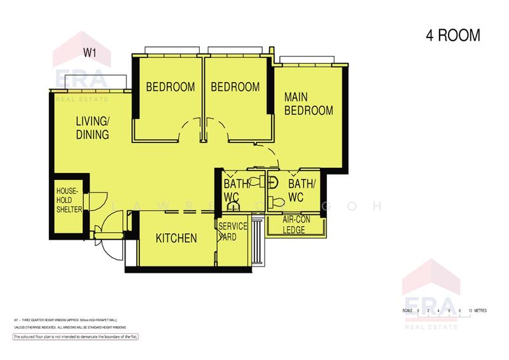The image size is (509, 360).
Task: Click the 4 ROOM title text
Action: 452,36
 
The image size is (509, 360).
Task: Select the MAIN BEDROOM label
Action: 308,104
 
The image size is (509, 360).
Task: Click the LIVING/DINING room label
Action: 92,128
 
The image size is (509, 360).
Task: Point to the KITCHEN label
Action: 176,239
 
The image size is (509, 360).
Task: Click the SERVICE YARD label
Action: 232,232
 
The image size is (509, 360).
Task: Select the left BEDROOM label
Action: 171,87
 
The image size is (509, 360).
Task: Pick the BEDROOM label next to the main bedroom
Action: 235,87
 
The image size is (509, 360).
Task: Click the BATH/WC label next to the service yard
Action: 232,190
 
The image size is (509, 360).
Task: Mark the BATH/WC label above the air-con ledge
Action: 302,190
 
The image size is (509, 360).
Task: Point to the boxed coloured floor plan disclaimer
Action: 75,336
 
